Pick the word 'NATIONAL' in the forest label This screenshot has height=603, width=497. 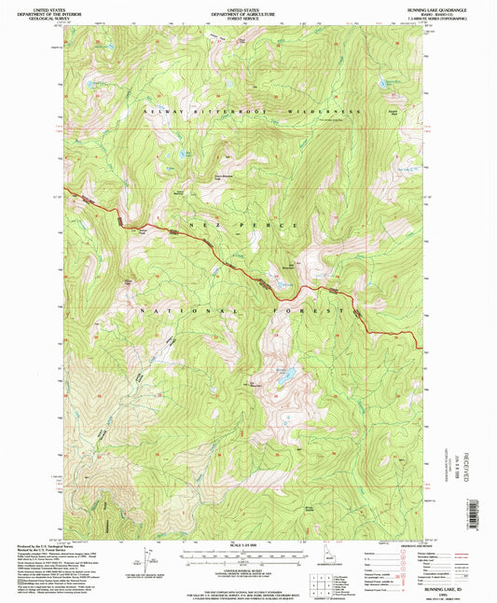tap(168, 309)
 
